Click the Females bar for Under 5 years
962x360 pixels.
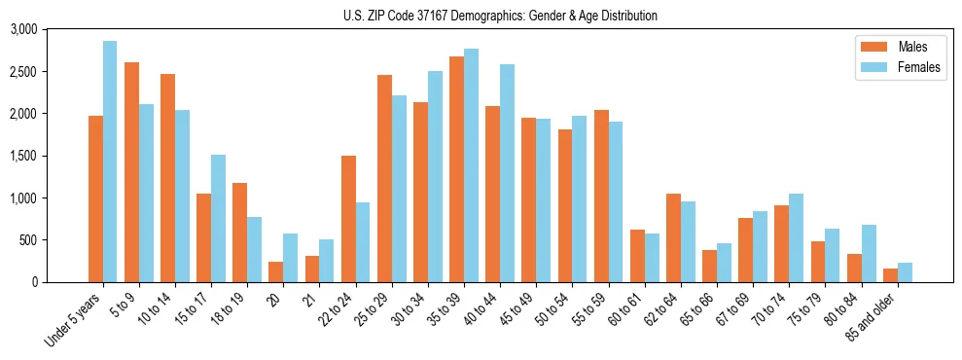[110, 162]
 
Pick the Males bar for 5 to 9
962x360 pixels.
[131, 172]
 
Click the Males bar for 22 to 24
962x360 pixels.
[348, 219]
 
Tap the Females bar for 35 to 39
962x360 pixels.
[471, 165]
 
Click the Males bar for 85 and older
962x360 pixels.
[890, 275]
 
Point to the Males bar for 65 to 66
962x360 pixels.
[709, 266]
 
